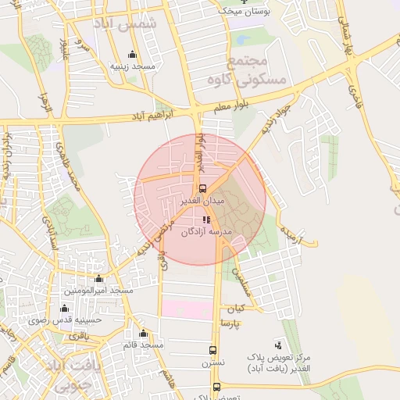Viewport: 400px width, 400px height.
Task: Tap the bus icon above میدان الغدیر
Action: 202,188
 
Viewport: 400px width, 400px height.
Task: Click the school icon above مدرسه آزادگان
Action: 206,220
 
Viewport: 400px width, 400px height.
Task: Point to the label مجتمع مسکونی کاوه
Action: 248,70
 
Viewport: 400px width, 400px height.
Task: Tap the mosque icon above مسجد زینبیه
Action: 132,54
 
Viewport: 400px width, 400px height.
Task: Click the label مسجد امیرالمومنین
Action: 99,291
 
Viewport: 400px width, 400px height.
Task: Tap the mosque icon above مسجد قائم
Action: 143,334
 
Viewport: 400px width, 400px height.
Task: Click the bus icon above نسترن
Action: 213,351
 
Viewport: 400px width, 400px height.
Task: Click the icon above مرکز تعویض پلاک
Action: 279,345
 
